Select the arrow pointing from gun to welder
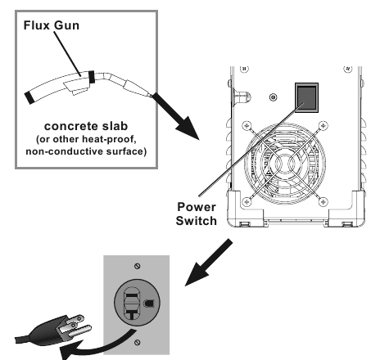(x=175, y=114)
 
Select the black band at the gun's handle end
(x=31, y=97)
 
